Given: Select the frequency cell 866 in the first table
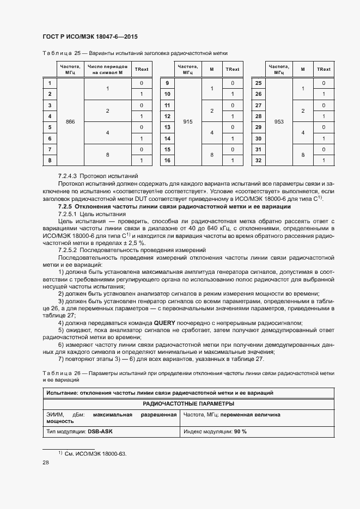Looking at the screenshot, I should click(x=70, y=122).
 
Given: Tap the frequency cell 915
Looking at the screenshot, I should click(x=188, y=122).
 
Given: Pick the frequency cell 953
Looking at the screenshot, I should click(x=279, y=122).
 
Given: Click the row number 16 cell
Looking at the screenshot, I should click(x=168, y=161).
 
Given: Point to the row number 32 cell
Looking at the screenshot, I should click(x=259, y=161).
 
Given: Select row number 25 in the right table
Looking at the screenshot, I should click(x=259, y=83).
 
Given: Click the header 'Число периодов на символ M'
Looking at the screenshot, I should click(x=107, y=69).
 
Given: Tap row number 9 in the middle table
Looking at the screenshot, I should click(x=168, y=83).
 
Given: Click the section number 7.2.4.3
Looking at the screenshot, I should click(x=68, y=176).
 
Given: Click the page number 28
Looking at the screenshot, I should click(x=46, y=463).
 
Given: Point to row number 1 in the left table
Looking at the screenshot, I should click(x=50, y=83).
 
